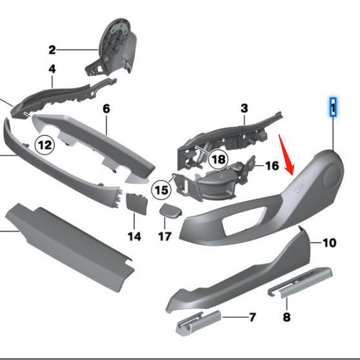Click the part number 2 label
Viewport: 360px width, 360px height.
pos(52,50)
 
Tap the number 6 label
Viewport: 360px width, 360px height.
pos(106,108)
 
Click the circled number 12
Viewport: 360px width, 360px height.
pos(44,146)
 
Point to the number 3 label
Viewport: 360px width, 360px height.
pos(245,108)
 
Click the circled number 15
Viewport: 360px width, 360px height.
pos(161,190)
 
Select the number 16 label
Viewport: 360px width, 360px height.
pos(272,166)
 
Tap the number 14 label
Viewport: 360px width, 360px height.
pos(134,236)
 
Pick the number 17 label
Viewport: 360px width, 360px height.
pos(165,236)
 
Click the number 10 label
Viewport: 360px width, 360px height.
pos(329,243)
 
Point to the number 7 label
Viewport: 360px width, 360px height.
pos(252,317)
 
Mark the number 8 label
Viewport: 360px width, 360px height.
pos(286,317)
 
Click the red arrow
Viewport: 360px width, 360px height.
pos(287,155)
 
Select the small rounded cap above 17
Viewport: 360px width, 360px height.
pos(170,210)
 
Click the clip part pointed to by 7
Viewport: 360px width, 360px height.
pos(198,321)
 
